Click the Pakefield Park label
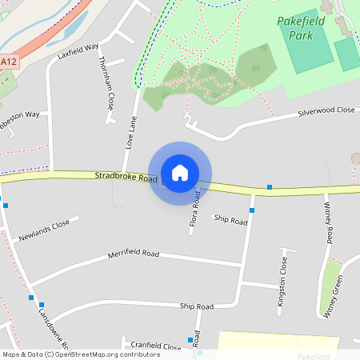[x=300, y=27]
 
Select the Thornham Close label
[x=104, y=83]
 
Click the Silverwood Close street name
[x=326, y=111]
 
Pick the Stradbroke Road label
[x=126, y=176]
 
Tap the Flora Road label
[x=194, y=211]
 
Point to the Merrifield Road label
[x=134, y=255]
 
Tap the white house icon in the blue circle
[x=180, y=173]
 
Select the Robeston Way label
[x=19, y=114]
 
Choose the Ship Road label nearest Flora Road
[x=231, y=221]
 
